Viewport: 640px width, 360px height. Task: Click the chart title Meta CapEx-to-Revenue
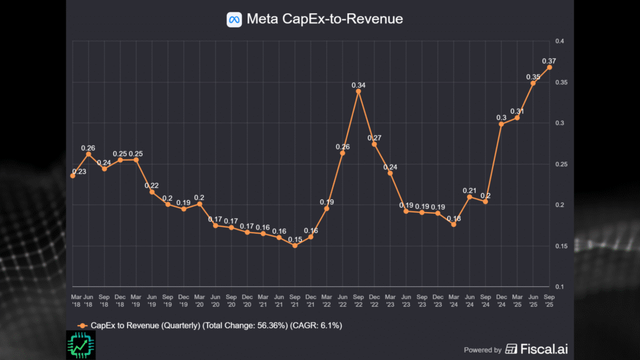[x=324, y=19]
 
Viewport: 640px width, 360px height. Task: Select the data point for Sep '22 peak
[x=358, y=91]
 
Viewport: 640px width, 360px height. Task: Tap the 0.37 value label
[x=549, y=60]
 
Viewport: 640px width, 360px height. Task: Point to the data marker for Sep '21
[x=294, y=246]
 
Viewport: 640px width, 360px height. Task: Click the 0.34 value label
[x=358, y=84]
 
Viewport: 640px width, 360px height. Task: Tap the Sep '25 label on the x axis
[x=549, y=300]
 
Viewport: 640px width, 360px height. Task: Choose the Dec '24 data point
[x=501, y=124]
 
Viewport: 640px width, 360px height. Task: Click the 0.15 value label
[x=294, y=239]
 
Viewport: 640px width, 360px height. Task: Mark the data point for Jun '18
[x=88, y=154]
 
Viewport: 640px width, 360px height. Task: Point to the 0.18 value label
[x=454, y=218]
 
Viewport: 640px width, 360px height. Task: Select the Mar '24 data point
[x=454, y=224]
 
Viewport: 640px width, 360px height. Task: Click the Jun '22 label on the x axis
[x=342, y=300]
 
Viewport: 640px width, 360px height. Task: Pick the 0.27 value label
[x=374, y=137]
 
